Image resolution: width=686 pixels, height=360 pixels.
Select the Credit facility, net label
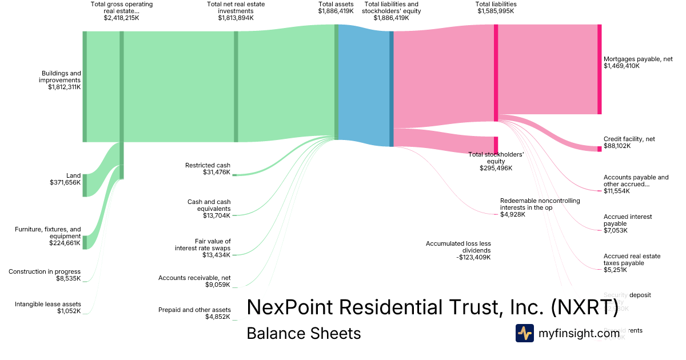coord(629,139)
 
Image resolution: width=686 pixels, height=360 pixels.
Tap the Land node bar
coord(85,185)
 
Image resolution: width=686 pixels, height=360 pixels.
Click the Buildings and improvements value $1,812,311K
coord(65,87)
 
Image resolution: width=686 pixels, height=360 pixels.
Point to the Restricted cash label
coord(208,165)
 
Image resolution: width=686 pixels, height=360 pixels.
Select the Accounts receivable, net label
coord(194,278)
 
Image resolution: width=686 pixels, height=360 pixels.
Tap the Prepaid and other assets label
coord(194,310)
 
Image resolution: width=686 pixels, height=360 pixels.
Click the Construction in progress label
coord(45,271)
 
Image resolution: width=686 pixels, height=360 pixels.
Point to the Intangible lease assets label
coord(47,304)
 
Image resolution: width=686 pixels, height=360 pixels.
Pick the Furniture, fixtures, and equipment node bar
coord(85,242)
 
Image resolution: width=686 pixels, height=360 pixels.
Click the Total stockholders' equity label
coord(496,158)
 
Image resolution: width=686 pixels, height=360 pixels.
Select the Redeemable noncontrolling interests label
coord(540,204)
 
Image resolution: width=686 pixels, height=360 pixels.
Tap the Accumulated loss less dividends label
coord(458,247)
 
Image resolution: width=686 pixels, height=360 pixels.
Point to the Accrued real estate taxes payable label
coord(632,259)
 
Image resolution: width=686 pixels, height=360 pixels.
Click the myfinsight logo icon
coord(524,333)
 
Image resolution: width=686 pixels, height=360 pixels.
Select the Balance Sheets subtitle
coord(304,334)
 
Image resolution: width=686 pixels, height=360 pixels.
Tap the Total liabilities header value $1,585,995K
coord(495,10)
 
